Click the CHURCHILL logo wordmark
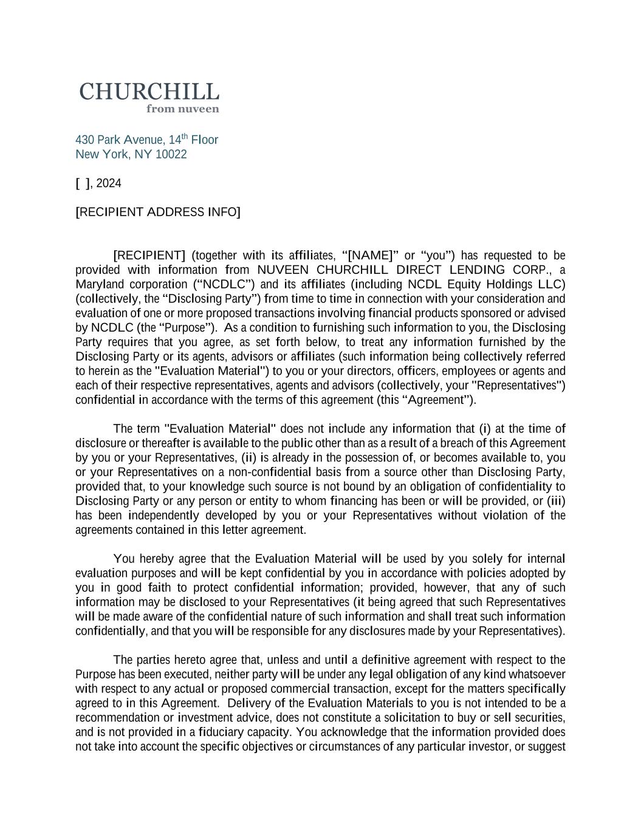[x=149, y=92]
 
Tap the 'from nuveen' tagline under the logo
[x=182, y=109]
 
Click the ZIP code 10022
[x=171, y=154]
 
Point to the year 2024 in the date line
[x=109, y=183]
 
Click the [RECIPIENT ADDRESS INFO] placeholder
[x=158, y=212]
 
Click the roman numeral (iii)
[x=556, y=501]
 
